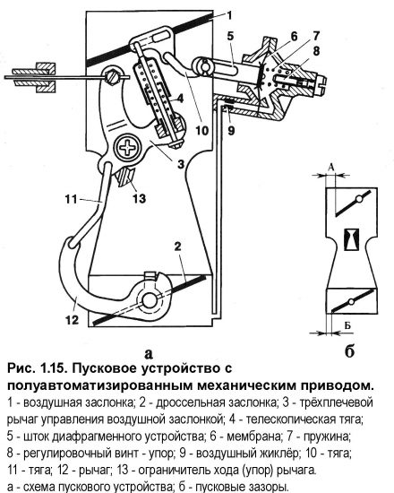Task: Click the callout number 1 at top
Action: [x=229, y=15]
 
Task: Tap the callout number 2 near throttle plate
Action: [x=178, y=246]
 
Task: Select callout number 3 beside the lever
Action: [x=181, y=164]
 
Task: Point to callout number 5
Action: [x=230, y=36]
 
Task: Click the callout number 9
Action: [x=231, y=130]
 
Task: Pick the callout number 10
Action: [x=201, y=130]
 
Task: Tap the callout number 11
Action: [x=72, y=199]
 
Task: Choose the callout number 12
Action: [x=72, y=320]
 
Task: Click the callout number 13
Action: [x=139, y=199]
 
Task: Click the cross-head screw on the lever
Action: [x=128, y=149]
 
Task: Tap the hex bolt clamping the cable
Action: [x=112, y=76]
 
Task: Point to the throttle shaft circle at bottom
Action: [x=149, y=301]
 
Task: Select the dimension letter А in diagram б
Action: [x=331, y=168]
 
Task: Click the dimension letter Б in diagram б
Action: [x=347, y=325]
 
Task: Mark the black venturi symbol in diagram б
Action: [x=351, y=239]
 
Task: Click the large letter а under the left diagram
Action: [x=149, y=353]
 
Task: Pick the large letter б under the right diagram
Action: [x=350, y=350]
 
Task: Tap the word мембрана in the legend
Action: [x=253, y=437]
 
